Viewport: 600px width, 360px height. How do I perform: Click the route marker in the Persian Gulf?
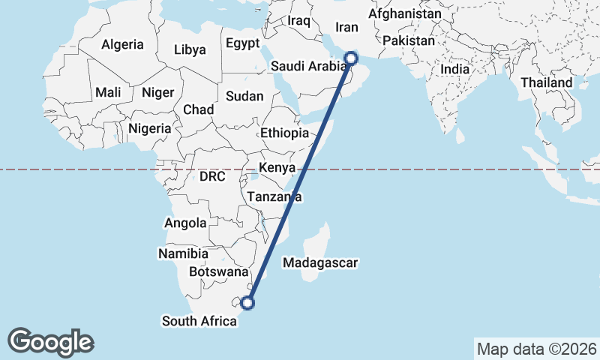coord(351,58)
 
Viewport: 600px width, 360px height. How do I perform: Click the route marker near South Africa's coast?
coord(247,303)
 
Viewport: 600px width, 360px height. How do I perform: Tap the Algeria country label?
coord(122,44)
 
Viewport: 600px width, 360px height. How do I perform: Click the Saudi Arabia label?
coord(307,66)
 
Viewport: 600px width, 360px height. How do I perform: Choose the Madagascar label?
coord(319,262)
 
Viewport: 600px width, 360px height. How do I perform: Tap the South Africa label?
coord(199,321)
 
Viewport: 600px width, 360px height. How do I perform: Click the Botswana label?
coord(218,271)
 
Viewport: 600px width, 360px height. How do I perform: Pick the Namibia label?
coord(178,253)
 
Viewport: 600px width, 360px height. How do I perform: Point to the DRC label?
coord(212,177)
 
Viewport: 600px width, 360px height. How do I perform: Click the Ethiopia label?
coord(284,133)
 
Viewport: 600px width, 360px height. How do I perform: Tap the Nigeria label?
coord(150,128)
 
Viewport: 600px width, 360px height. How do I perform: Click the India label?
coord(454,69)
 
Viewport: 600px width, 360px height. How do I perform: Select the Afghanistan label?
coord(405,13)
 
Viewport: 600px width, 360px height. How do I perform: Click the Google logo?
coord(50,342)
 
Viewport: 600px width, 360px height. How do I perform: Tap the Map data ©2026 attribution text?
coord(536,349)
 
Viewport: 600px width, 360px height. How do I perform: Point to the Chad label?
coord(199,109)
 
